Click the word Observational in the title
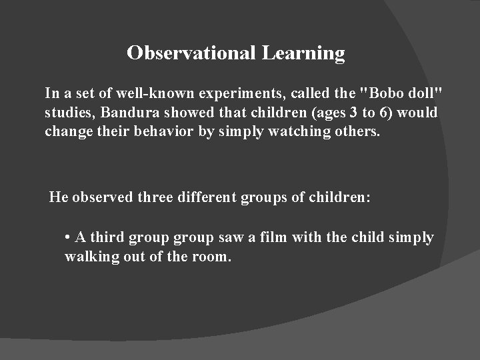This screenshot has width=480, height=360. (189, 53)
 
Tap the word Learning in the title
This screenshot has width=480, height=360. (303, 53)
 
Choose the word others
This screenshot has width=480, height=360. (356, 131)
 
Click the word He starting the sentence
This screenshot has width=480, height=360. (59, 197)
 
